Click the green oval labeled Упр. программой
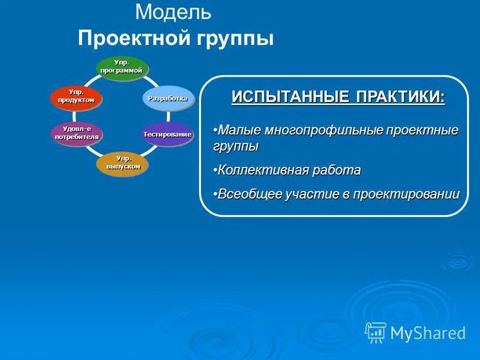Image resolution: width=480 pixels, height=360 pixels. [x=122, y=67]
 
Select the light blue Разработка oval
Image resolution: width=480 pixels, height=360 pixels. [x=169, y=98]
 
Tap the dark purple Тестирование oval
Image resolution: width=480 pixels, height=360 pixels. [x=167, y=134]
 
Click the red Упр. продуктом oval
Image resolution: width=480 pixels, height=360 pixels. [x=76, y=97]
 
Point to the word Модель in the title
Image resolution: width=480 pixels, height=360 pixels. [x=173, y=11]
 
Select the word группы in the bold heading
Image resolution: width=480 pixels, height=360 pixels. [x=233, y=38]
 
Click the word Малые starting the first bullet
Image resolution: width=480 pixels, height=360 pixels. [x=236, y=130]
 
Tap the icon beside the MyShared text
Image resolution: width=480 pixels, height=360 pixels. [x=376, y=332]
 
